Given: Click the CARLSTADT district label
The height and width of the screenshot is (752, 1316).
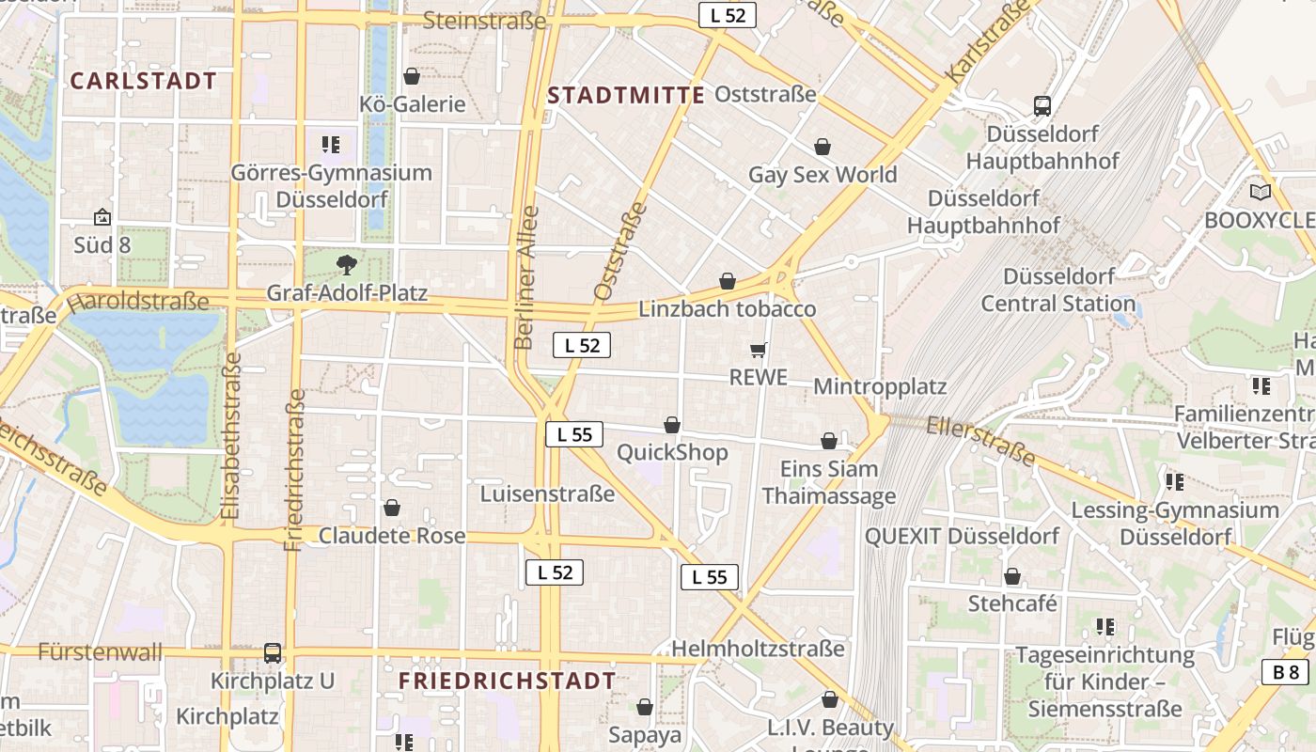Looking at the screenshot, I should tap(144, 81).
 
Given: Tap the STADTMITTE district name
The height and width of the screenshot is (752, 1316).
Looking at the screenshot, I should tap(626, 95).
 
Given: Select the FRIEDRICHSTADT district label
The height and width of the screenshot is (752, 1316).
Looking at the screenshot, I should tap(508, 681).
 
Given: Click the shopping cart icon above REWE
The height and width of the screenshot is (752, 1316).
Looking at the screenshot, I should tap(759, 350).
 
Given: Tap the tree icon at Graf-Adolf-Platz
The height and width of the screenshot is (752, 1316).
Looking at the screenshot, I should tap(347, 264).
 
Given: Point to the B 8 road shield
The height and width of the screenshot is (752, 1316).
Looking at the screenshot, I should tap(1286, 671).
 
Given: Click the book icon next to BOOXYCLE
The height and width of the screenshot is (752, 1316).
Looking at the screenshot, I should tap(1260, 192).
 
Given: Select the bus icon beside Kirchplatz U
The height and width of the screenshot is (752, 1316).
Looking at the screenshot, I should tap(273, 652).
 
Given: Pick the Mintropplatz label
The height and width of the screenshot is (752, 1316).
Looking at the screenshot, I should tap(880, 386).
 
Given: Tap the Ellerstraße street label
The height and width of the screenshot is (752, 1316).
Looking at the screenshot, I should tap(980, 441).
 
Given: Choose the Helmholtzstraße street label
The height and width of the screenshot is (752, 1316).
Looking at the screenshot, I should tap(758, 649).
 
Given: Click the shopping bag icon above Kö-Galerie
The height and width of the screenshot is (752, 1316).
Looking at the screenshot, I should tap(412, 76).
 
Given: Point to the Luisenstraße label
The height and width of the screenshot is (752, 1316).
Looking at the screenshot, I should tap(547, 493).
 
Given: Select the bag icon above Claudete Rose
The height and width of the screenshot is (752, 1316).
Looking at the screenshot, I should tap(392, 508).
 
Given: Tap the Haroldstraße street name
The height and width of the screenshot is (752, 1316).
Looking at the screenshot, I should tap(138, 302).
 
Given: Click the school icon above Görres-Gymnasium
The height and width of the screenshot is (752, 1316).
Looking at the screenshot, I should tap(330, 145).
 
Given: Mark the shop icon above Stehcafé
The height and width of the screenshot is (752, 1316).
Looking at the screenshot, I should tap(1012, 576).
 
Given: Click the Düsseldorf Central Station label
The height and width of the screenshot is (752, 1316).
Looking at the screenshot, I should tap(1058, 290).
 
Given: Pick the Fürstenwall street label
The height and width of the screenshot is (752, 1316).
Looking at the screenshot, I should tap(101, 651).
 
